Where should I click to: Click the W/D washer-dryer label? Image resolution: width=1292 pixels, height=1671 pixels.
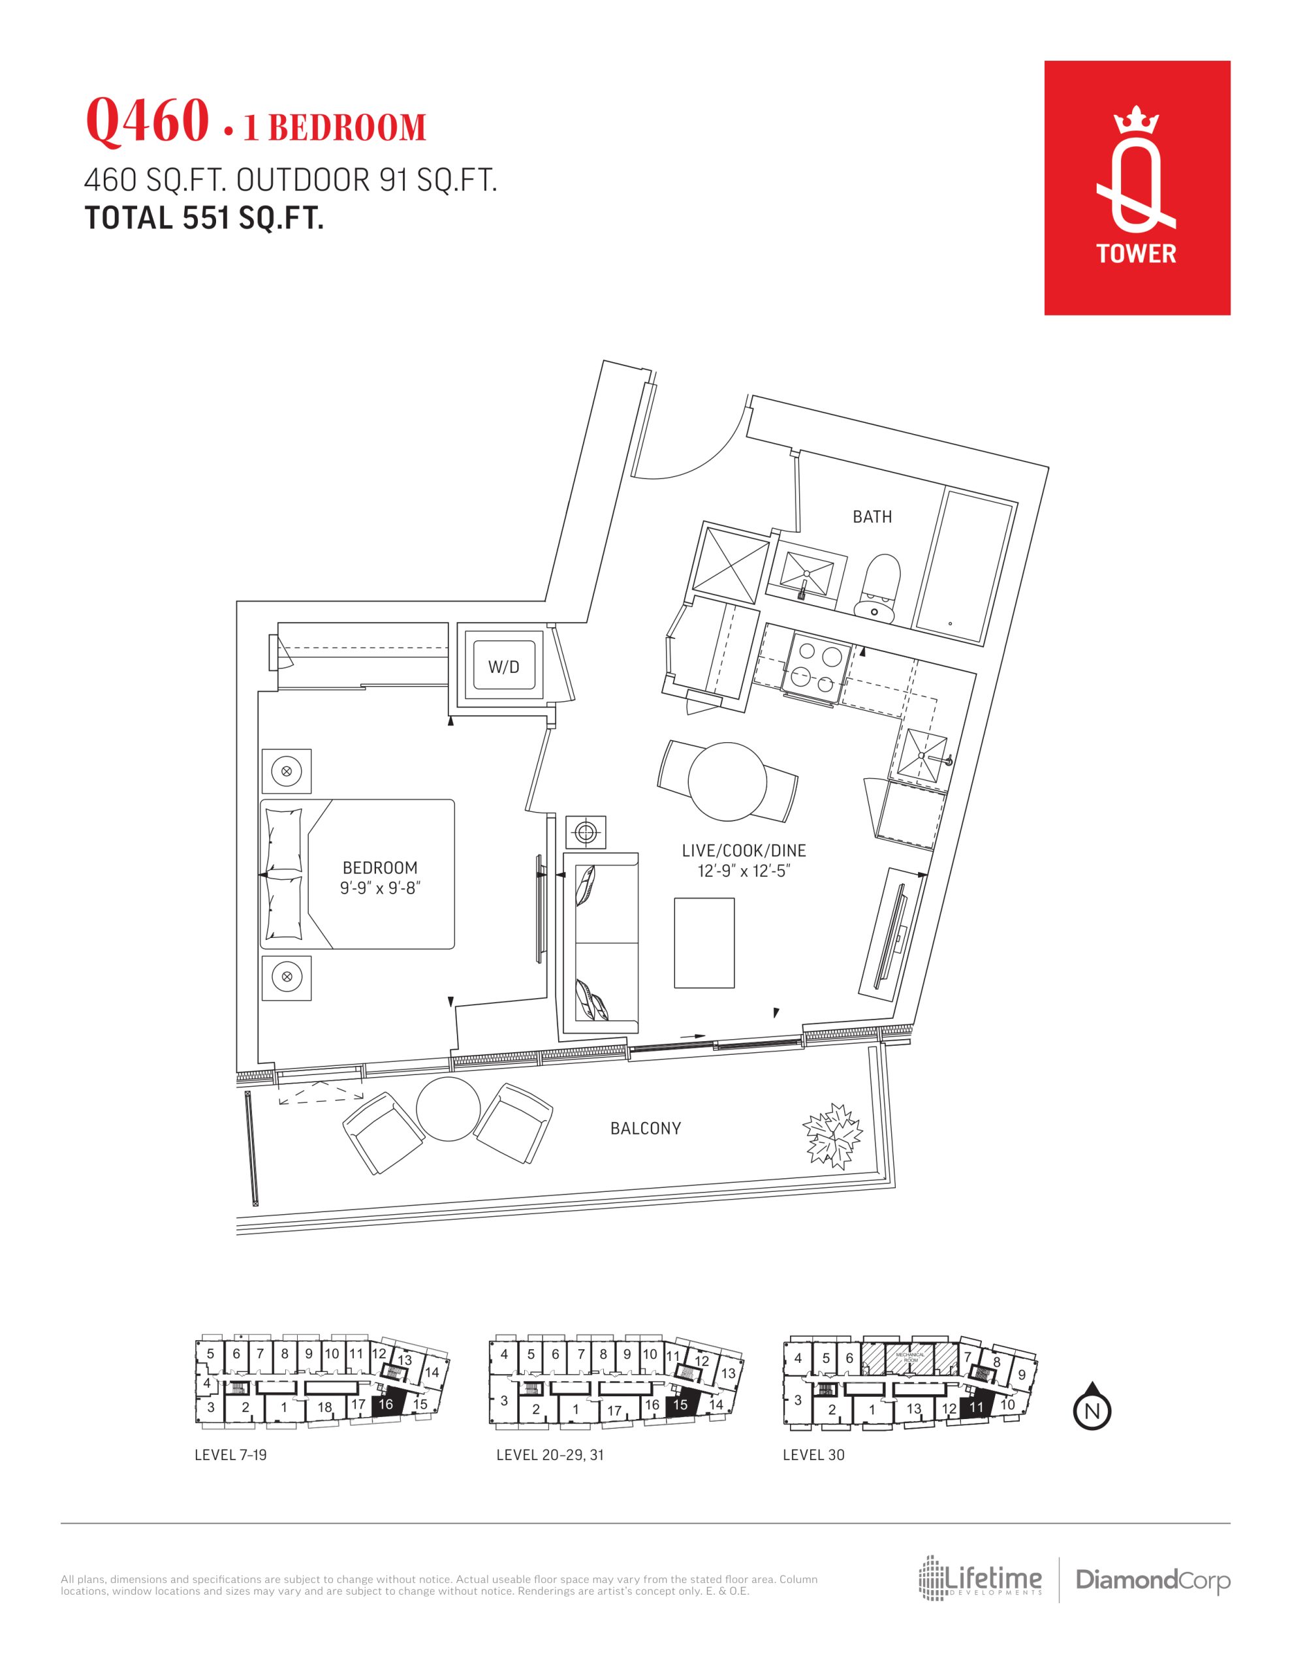[x=503, y=667]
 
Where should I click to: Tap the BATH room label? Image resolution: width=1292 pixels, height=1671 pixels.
[x=872, y=517]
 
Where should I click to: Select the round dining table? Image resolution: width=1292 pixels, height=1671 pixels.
[x=727, y=781]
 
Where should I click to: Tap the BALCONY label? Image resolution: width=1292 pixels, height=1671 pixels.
[x=645, y=1129]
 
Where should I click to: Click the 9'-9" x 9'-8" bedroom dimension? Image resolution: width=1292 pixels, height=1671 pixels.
[x=381, y=888]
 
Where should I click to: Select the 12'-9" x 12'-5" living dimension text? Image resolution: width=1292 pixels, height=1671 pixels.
[x=743, y=871]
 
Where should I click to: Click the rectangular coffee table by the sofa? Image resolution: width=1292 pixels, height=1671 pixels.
[x=704, y=943]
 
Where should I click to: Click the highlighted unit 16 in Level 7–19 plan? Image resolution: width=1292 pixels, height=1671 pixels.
[x=387, y=1403]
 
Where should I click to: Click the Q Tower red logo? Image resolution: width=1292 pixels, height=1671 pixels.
[x=1137, y=187]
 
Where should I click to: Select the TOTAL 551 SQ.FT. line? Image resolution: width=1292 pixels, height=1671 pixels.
[x=204, y=218]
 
